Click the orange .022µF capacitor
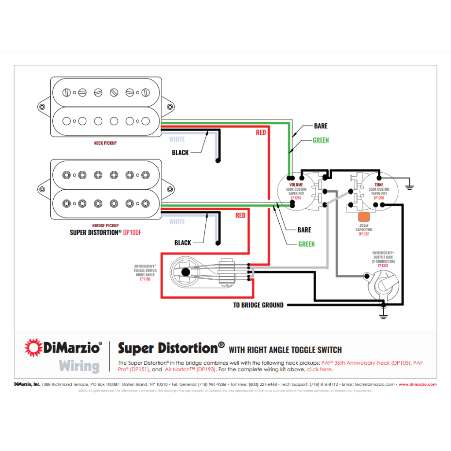(x=364, y=217)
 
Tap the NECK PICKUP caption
(x=105, y=143)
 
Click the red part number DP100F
(x=132, y=232)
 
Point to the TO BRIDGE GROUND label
(x=258, y=305)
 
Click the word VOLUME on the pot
(x=296, y=185)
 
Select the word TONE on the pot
(x=379, y=185)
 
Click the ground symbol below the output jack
(x=384, y=316)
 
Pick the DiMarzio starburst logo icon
(x=33, y=347)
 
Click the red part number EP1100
(x=145, y=279)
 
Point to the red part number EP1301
(x=383, y=266)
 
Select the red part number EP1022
(x=364, y=234)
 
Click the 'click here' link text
(x=319, y=370)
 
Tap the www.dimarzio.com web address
(x=418, y=384)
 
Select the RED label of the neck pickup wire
(x=261, y=132)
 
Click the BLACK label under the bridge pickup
(x=183, y=243)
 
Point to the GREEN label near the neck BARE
(x=321, y=140)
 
